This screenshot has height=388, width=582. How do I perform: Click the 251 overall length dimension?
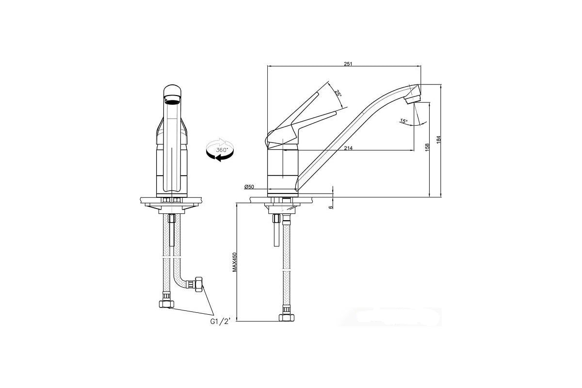coord(348,64)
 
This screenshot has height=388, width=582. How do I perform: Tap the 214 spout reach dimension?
coord(348,148)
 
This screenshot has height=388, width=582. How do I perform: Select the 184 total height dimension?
coord(438,140)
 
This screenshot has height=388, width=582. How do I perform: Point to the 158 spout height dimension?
coord(427,147)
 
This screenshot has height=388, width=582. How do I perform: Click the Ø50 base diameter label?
coord(249,187)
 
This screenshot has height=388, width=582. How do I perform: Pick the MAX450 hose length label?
coord(235,262)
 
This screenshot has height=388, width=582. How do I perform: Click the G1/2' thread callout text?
coord(220,322)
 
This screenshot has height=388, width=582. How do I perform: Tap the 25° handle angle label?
coord(338,93)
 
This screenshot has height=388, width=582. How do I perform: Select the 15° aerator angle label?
coord(404,121)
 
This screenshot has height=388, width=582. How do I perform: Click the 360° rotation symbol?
coord(220,150)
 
